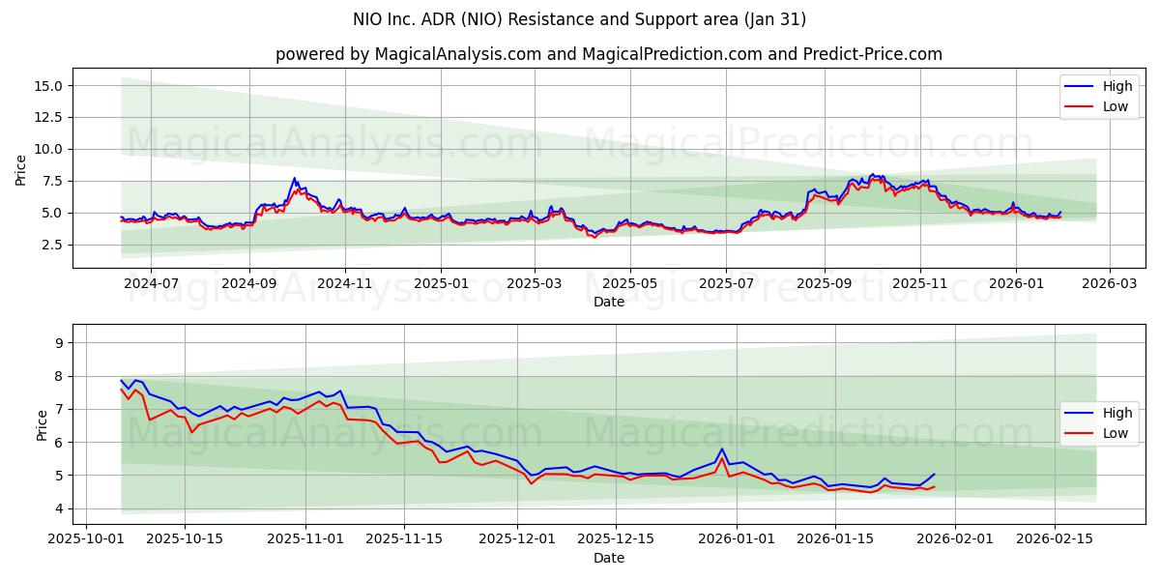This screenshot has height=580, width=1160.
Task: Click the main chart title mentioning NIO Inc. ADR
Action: tap(580, 19)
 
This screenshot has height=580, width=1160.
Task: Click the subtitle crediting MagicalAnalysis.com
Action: tap(609, 54)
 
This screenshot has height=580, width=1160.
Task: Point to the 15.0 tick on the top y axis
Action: tap(47, 86)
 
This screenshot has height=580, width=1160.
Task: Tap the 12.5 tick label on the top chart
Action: tap(47, 117)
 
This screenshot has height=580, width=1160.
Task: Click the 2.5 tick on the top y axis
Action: tap(52, 245)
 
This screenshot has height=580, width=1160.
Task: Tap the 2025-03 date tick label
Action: tap(535, 284)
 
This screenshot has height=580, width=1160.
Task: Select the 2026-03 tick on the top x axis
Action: tap(1109, 284)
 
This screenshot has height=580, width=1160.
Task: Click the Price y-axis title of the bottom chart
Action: tap(43, 424)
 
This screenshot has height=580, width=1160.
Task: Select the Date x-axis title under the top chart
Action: tap(609, 302)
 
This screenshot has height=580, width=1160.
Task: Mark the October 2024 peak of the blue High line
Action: tap(295, 178)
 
